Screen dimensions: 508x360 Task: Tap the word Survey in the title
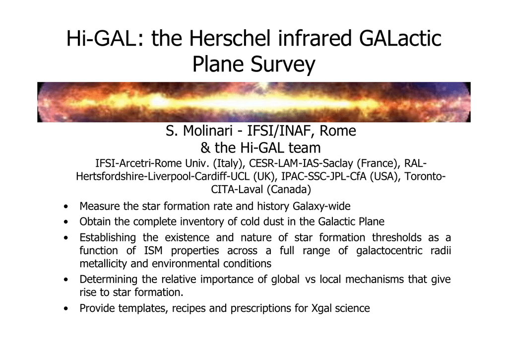[x=282, y=65]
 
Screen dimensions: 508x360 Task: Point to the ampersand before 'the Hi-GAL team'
[x=205, y=148]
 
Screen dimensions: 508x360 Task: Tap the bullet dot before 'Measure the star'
[x=66, y=207]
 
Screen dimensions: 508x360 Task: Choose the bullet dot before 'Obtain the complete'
[x=66, y=222]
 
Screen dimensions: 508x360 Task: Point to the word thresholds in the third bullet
[x=396, y=237]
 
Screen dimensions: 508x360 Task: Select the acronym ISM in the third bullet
[x=153, y=251]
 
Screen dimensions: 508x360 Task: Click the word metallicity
[x=103, y=263]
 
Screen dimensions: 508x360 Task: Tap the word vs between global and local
[x=310, y=280]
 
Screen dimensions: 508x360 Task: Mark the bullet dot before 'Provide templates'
[x=66, y=308]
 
